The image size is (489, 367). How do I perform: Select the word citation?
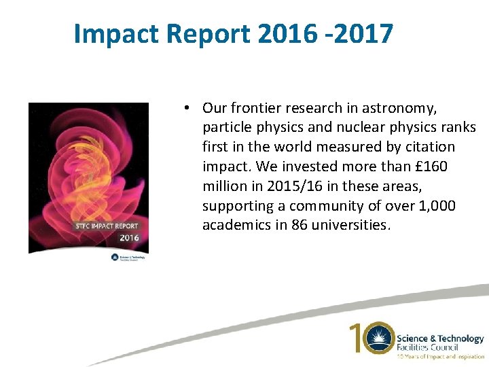pyautogui.click(x=430, y=147)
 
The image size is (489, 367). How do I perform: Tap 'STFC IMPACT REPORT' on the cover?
pyautogui.click(x=108, y=226)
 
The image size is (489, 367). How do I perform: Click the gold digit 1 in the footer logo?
pyautogui.click(x=356, y=338)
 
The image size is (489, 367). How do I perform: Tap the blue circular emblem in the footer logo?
pyautogui.click(x=378, y=338)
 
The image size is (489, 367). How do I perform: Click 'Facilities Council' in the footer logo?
pyautogui.click(x=428, y=347)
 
